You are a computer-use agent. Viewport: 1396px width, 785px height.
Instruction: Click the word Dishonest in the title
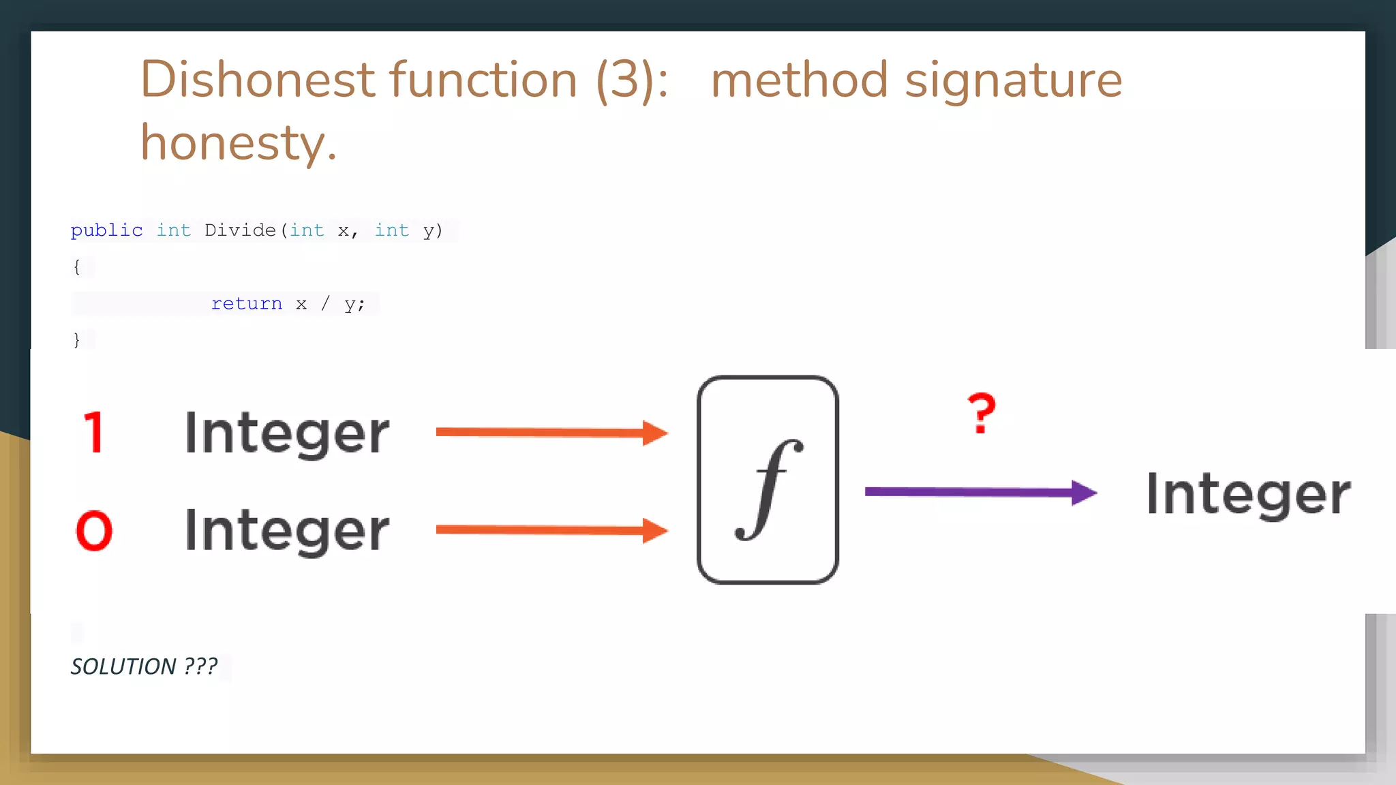[x=258, y=80]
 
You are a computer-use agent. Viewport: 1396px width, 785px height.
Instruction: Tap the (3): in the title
[x=632, y=80]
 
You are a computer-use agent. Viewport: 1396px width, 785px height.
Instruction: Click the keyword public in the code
[x=106, y=230]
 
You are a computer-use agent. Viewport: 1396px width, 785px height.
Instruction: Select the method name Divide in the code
[x=240, y=230]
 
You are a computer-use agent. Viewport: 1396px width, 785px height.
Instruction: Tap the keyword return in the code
[x=246, y=303]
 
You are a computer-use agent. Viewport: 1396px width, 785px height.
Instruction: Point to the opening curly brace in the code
[x=76, y=266]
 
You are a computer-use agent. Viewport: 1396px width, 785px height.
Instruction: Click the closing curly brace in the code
[x=76, y=339]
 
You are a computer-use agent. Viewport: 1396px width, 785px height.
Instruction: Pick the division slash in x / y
[x=325, y=303]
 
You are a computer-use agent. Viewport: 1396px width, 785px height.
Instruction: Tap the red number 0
[x=94, y=531]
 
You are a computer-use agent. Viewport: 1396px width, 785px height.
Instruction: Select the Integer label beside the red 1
[x=286, y=433]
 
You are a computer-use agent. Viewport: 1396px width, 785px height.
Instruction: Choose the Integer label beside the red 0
[x=286, y=531]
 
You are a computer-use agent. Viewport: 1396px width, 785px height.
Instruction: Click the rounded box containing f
[x=768, y=480]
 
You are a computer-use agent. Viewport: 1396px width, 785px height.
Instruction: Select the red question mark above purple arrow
[x=982, y=414]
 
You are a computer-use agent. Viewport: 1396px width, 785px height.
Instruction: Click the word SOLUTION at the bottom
[x=123, y=666]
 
